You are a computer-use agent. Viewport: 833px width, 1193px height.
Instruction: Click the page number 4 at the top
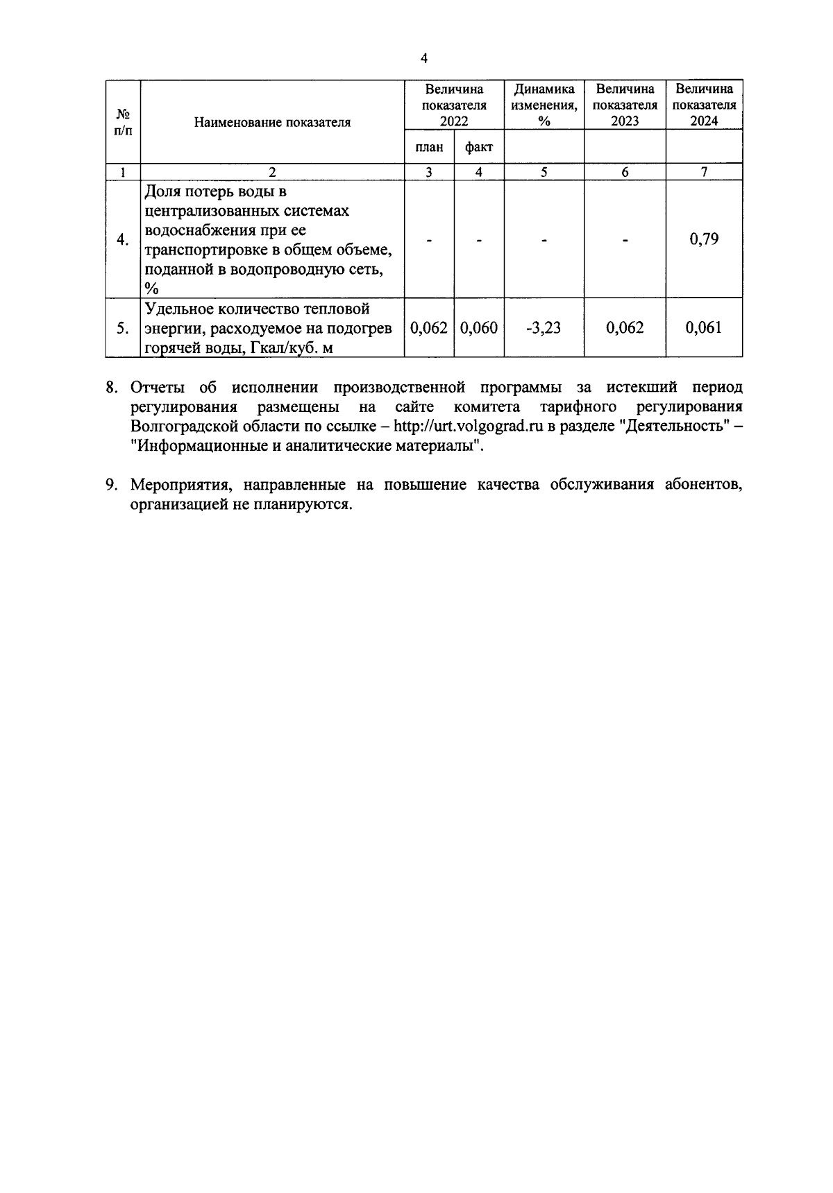click(x=424, y=59)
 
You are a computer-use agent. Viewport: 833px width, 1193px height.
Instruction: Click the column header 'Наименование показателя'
click(x=272, y=123)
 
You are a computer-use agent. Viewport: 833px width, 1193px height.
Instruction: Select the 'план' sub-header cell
click(x=429, y=147)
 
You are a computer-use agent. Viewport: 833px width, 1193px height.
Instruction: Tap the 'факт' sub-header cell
click(x=479, y=147)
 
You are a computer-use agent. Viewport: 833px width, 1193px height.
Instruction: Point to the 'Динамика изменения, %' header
click(x=544, y=105)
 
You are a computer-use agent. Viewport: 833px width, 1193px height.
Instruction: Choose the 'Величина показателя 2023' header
click(x=625, y=105)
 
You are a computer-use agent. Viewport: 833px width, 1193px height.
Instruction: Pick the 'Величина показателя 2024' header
click(x=704, y=105)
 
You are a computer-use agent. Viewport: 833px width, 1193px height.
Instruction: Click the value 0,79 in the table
click(x=704, y=239)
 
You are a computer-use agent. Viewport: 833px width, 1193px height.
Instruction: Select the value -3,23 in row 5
click(x=544, y=328)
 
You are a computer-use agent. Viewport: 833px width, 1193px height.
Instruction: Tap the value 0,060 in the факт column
click(x=479, y=328)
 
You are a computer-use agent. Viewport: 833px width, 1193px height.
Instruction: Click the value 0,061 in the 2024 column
click(x=704, y=328)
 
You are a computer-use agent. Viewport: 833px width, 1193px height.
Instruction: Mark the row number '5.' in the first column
click(x=122, y=328)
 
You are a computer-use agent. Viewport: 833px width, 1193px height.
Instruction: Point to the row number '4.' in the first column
click(x=122, y=240)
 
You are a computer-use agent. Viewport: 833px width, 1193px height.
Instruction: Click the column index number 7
click(x=704, y=172)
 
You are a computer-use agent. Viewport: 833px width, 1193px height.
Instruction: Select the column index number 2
click(x=272, y=172)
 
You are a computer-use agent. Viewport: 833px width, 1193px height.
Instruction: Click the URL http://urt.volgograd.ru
click(x=467, y=427)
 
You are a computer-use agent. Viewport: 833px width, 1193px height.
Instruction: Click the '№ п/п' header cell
click(x=122, y=122)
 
